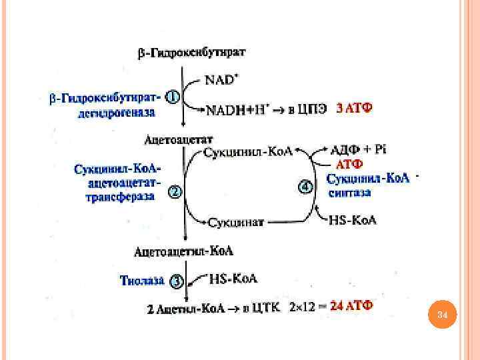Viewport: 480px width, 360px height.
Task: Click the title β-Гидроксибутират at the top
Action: [191, 53]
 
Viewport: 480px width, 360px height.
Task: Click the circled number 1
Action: [172, 97]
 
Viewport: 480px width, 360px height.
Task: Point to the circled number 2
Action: [174, 193]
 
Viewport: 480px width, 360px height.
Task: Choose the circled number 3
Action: [175, 281]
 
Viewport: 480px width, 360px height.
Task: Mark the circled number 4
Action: [305, 187]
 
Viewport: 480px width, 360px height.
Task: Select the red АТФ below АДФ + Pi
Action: [349, 164]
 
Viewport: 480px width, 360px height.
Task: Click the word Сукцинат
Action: [237, 221]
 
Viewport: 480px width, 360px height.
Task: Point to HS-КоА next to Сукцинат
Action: [353, 221]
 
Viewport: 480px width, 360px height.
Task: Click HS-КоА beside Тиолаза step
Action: [233, 278]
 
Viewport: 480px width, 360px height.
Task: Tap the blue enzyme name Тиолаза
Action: [142, 281]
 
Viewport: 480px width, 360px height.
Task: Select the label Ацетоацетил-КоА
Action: [184, 251]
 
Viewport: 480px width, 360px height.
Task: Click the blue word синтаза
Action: [349, 193]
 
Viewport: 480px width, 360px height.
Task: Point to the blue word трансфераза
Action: [120, 197]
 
